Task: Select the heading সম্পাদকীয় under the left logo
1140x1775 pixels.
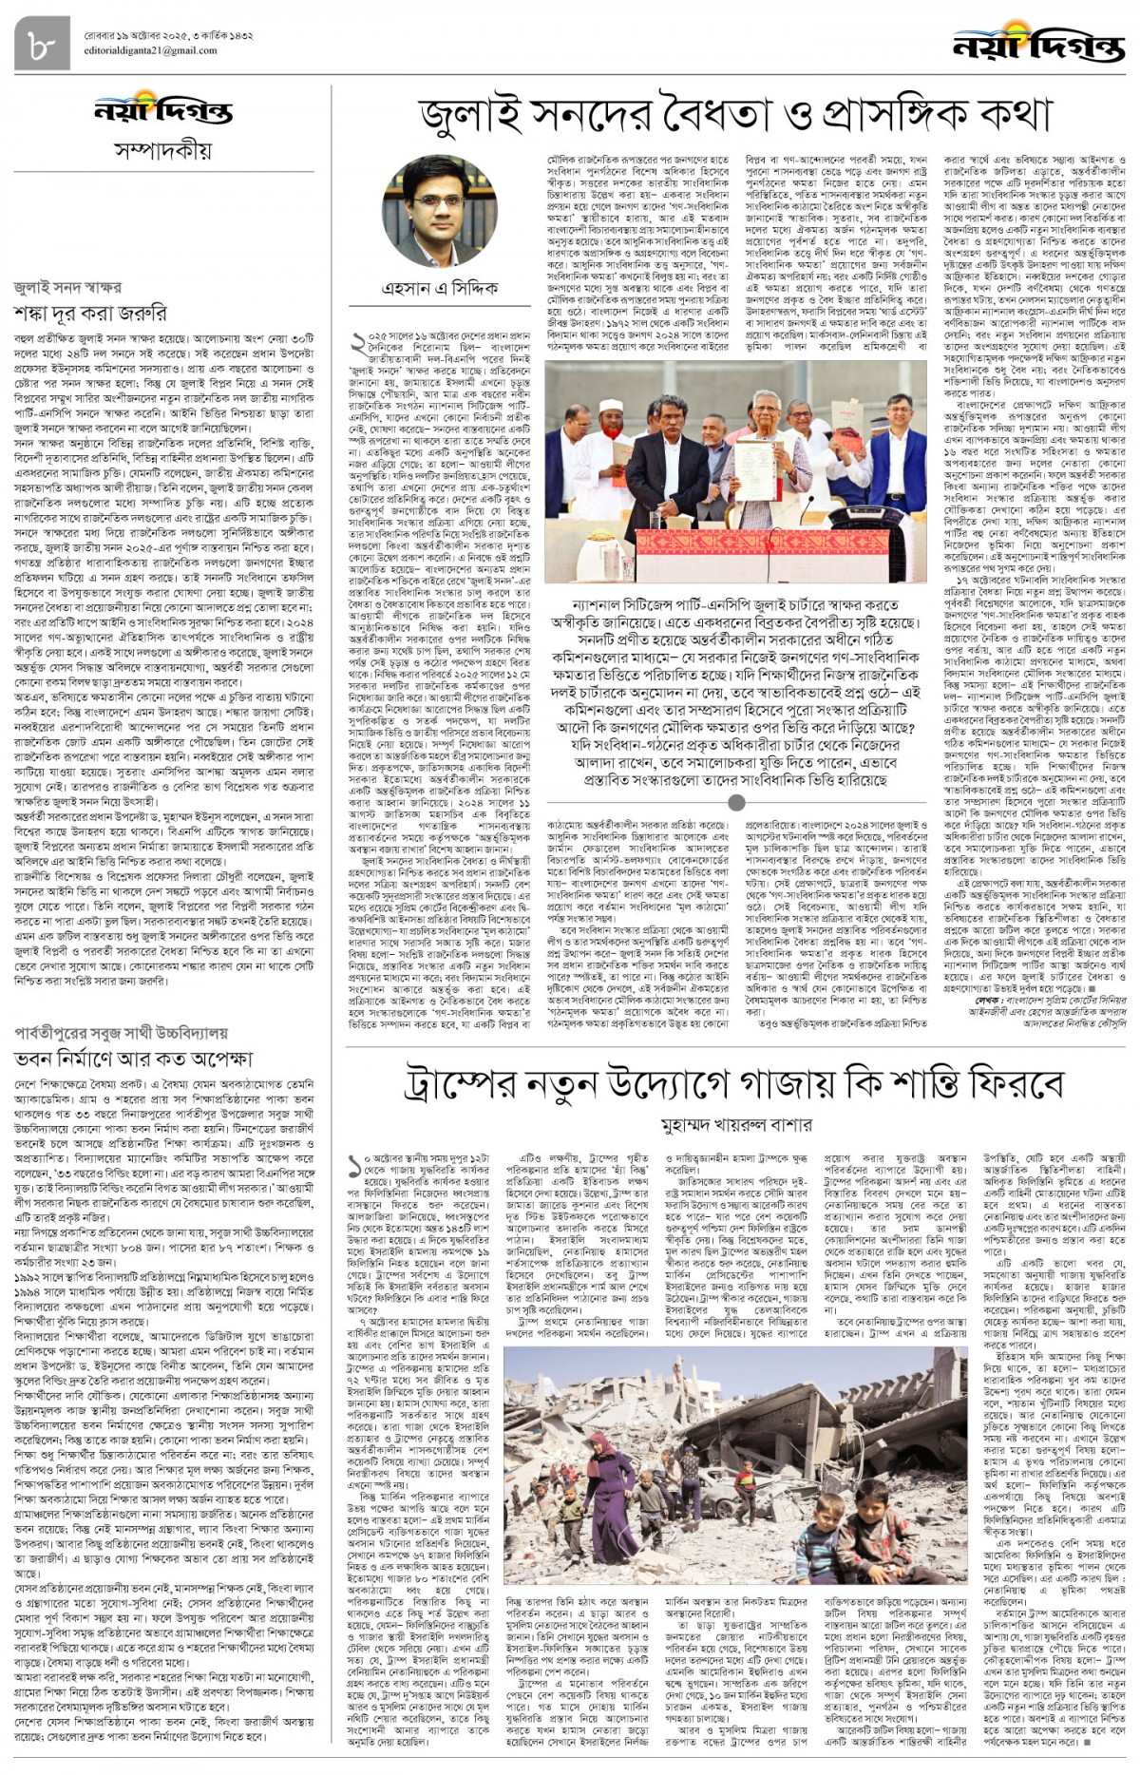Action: point(162,150)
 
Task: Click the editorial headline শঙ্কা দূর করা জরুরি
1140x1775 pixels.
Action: point(90,312)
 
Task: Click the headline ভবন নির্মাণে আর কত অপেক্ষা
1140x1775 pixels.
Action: point(133,1057)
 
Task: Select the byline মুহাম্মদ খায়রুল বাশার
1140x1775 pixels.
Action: point(736,1125)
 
